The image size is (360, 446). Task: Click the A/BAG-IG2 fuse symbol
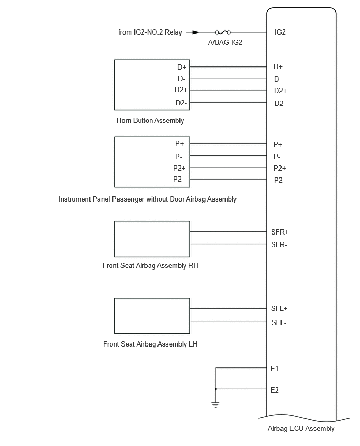coord(223,32)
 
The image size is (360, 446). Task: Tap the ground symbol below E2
coord(216,405)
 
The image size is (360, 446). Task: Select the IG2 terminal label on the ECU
coord(280,32)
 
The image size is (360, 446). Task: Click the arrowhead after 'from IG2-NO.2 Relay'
coord(196,32)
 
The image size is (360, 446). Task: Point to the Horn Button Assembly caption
coord(150,120)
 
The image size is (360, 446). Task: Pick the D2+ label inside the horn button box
coord(181,90)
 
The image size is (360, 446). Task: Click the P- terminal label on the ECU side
coord(277,157)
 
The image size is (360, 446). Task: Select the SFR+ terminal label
coord(280,232)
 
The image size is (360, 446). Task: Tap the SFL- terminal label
coord(279,322)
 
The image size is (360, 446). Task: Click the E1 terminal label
coord(274,369)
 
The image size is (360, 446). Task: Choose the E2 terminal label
coord(274,390)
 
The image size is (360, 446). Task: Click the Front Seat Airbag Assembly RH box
coord(152,239)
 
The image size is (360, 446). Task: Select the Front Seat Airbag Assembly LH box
coord(152,316)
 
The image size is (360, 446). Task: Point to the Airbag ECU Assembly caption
coord(301,428)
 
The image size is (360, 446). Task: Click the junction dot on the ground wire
coord(216,389)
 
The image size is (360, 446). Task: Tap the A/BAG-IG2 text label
coord(225,43)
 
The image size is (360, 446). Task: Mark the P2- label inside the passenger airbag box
coord(178,179)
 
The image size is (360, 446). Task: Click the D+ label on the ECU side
coord(278,66)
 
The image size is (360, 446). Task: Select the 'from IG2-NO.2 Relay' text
coord(150,32)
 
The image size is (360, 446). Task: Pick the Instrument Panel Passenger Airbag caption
coord(148,199)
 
